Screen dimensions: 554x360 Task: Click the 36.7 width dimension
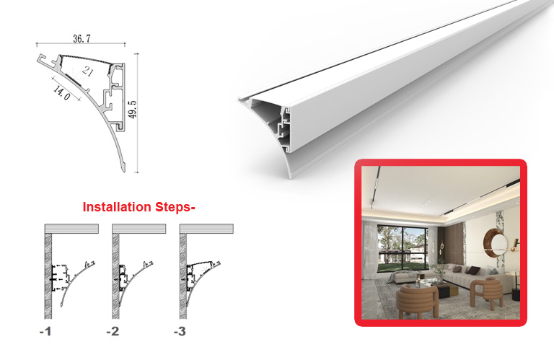tap(82, 38)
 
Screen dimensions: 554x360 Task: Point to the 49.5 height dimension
tap(132, 109)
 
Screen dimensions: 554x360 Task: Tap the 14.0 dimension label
tap(62, 92)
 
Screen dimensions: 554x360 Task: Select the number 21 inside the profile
tap(87, 71)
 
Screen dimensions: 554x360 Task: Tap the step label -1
tap(45, 331)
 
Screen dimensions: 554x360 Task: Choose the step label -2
tap(113, 331)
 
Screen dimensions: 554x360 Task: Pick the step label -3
tap(180, 331)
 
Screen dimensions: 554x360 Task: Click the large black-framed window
tap(403, 250)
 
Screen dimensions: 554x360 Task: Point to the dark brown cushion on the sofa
tap(473, 271)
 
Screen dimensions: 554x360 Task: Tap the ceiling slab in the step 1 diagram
tap(71, 229)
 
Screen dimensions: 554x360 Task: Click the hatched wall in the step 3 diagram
tap(183, 276)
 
